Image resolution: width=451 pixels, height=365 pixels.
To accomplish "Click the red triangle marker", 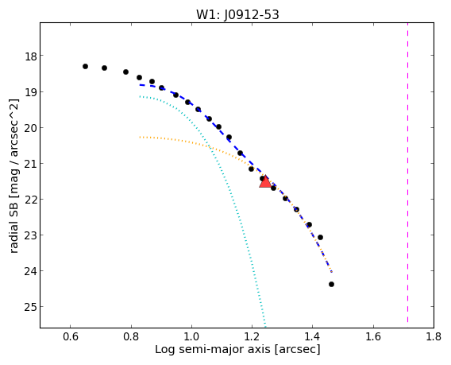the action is pyautogui.click(x=265, y=182).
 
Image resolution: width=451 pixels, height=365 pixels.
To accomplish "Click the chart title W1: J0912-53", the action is pyautogui.click(x=237, y=14).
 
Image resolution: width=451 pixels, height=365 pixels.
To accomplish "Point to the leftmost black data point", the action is pyautogui.click(x=85, y=66).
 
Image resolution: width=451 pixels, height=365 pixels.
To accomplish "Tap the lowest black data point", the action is pyautogui.click(x=331, y=285).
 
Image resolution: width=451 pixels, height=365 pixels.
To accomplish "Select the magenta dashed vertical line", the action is pyautogui.click(x=407, y=173).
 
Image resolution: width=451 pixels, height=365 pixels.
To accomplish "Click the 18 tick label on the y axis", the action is pyautogui.click(x=30, y=56).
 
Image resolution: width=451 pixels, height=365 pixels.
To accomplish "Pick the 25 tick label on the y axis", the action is pyautogui.click(x=30, y=308).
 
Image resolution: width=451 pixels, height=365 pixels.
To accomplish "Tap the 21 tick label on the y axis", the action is pyautogui.click(x=30, y=164).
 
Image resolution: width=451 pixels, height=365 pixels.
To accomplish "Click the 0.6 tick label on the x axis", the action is pyautogui.click(x=71, y=336).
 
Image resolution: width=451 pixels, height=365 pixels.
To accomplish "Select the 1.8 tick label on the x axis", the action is pyautogui.click(x=434, y=336).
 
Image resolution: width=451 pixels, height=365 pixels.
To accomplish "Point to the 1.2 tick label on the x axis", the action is pyautogui.click(x=252, y=336).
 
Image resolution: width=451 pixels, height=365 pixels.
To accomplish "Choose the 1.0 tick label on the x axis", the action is pyautogui.click(x=191, y=336).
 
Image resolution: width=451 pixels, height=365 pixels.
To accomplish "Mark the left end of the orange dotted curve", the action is pyautogui.click(x=140, y=137).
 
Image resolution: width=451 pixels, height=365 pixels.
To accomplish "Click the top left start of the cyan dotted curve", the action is pyautogui.click(x=140, y=96).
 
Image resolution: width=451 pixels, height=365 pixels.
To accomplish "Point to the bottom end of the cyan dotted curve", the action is pyautogui.click(x=265, y=327).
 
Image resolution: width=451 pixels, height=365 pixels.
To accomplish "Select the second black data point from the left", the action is pyautogui.click(x=104, y=68).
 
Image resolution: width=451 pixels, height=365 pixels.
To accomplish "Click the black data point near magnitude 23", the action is pyautogui.click(x=320, y=238).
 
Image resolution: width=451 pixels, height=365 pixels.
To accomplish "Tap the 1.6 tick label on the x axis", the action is pyautogui.click(x=373, y=336).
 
